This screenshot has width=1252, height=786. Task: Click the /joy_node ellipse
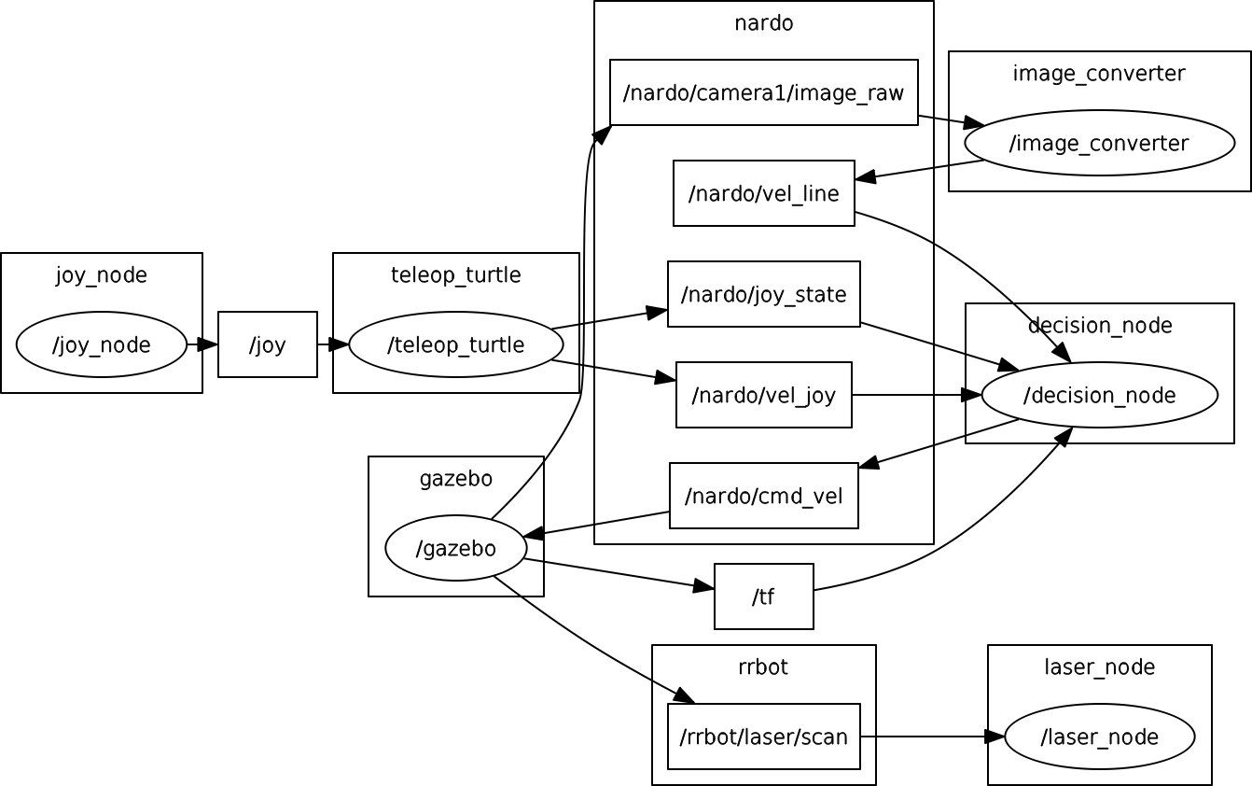coord(101,344)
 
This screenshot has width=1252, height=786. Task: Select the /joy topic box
coord(268,344)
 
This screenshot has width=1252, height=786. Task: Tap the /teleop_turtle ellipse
coord(456,344)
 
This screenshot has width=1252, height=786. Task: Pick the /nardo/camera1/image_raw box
coord(763,92)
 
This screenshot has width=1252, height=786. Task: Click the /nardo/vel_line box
coord(763,193)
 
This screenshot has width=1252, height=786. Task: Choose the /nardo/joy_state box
coord(763,294)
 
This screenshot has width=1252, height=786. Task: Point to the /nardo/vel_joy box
coord(763,395)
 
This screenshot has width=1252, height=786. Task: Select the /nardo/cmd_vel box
coord(763,496)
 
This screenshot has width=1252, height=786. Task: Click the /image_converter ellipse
coord(1099,143)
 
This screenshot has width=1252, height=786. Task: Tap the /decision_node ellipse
coord(1099,395)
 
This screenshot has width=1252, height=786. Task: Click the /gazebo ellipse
coord(456,548)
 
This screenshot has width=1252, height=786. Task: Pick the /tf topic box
coord(763,597)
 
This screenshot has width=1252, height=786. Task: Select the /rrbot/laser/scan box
coord(763,737)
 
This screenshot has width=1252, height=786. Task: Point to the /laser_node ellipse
coord(1099,737)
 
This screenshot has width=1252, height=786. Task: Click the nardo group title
coord(763,23)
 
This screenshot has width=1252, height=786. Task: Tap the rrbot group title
coord(763,667)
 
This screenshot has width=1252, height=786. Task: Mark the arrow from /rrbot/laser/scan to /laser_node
coord(932,737)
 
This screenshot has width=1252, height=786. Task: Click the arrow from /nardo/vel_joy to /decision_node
coord(917,395)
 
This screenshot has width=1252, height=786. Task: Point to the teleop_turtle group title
coord(456,275)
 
